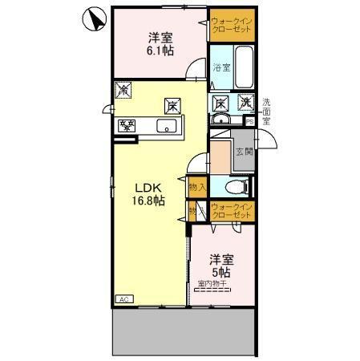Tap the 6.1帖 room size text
(x=159, y=50)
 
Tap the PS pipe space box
(x=249, y=121)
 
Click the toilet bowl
(x=234, y=186)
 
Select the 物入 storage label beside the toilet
(x=197, y=186)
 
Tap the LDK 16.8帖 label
(x=149, y=195)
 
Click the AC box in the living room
(x=124, y=299)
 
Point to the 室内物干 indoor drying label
(x=212, y=282)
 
